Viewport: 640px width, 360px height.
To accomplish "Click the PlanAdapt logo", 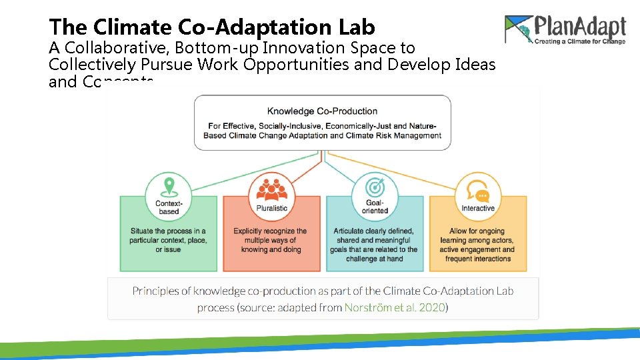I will [565, 30].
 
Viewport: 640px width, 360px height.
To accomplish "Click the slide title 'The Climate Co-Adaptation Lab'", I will [212, 27].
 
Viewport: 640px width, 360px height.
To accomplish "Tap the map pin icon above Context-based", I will [169, 186].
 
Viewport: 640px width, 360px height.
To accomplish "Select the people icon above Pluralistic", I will [271, 190].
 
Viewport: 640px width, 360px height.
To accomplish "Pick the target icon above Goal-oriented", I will [375, 187].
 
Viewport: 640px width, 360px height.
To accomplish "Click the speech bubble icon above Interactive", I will [478, 190].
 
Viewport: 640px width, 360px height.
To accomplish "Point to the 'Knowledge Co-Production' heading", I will [322, 111].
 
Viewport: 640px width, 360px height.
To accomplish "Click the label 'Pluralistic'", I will [271, 208].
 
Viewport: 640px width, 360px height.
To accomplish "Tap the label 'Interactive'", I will [478, 208].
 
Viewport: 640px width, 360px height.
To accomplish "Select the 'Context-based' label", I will [168, 207].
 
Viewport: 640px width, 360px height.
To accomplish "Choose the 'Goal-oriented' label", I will [375, 207].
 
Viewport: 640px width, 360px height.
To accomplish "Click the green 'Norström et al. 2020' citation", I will [394, 307].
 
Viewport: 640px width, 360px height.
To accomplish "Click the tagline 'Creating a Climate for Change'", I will [579, 41].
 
